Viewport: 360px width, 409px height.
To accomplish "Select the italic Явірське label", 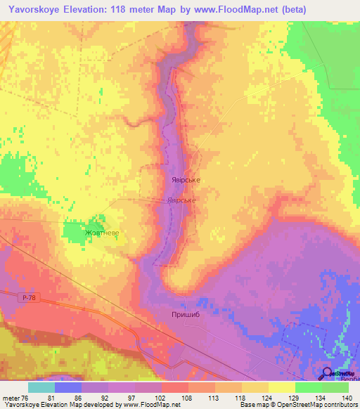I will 181,200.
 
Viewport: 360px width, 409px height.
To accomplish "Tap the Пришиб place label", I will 185,316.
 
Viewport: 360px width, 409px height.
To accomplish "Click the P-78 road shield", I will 27,299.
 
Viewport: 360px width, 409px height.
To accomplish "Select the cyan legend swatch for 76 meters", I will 41,387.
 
